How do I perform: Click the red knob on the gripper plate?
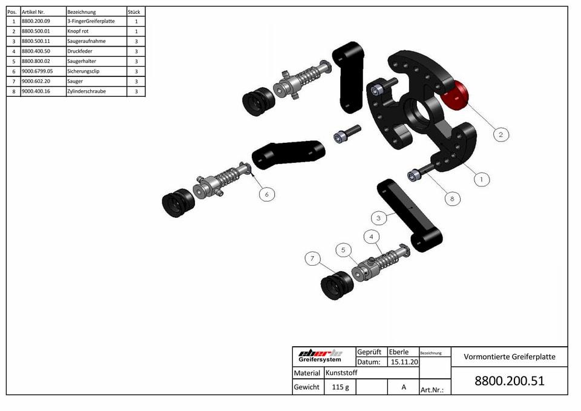(455, 96)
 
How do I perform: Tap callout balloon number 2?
(501, 134)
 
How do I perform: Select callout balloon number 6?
(267, 194)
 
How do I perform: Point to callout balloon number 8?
(452, 199)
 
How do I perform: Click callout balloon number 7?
(312, 258)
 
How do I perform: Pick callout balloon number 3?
(379, 218)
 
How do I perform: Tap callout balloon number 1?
(482, 180)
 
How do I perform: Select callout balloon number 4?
(372, 237)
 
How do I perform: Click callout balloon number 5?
(344, 250)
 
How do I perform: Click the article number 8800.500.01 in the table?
(36, 31)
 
